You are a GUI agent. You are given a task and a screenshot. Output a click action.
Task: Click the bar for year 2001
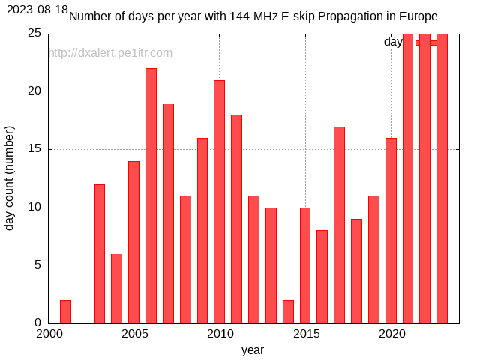(65, 312)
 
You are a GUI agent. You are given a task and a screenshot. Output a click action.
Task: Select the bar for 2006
(151, 196)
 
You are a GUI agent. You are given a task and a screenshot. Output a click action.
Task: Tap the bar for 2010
(219, 202)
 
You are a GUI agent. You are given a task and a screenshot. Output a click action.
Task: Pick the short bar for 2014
(288, 312)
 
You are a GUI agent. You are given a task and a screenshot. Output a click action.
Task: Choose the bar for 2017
(339, 225)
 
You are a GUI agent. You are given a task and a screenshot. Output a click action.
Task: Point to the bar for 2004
(116, 289)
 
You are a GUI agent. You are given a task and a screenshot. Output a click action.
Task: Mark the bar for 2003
(100, 254)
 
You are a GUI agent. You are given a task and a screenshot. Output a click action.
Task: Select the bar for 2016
(322, 277)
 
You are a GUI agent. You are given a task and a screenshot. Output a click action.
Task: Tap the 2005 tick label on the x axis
(134, 334)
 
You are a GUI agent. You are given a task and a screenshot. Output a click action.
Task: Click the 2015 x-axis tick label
(305, 334)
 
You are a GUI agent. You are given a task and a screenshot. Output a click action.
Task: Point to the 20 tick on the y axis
(34, 91)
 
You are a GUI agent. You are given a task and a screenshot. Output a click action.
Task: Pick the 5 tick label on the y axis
(38, 265)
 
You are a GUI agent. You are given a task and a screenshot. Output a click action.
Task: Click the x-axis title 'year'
(252, 349)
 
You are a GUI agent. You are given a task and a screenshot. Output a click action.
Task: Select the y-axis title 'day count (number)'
(10, 178)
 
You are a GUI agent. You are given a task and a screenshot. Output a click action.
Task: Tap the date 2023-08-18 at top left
(37, 10)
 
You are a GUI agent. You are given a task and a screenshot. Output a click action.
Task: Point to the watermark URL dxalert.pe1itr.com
(110, 53)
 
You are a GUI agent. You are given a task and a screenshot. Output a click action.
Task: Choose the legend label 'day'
(393, 42)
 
